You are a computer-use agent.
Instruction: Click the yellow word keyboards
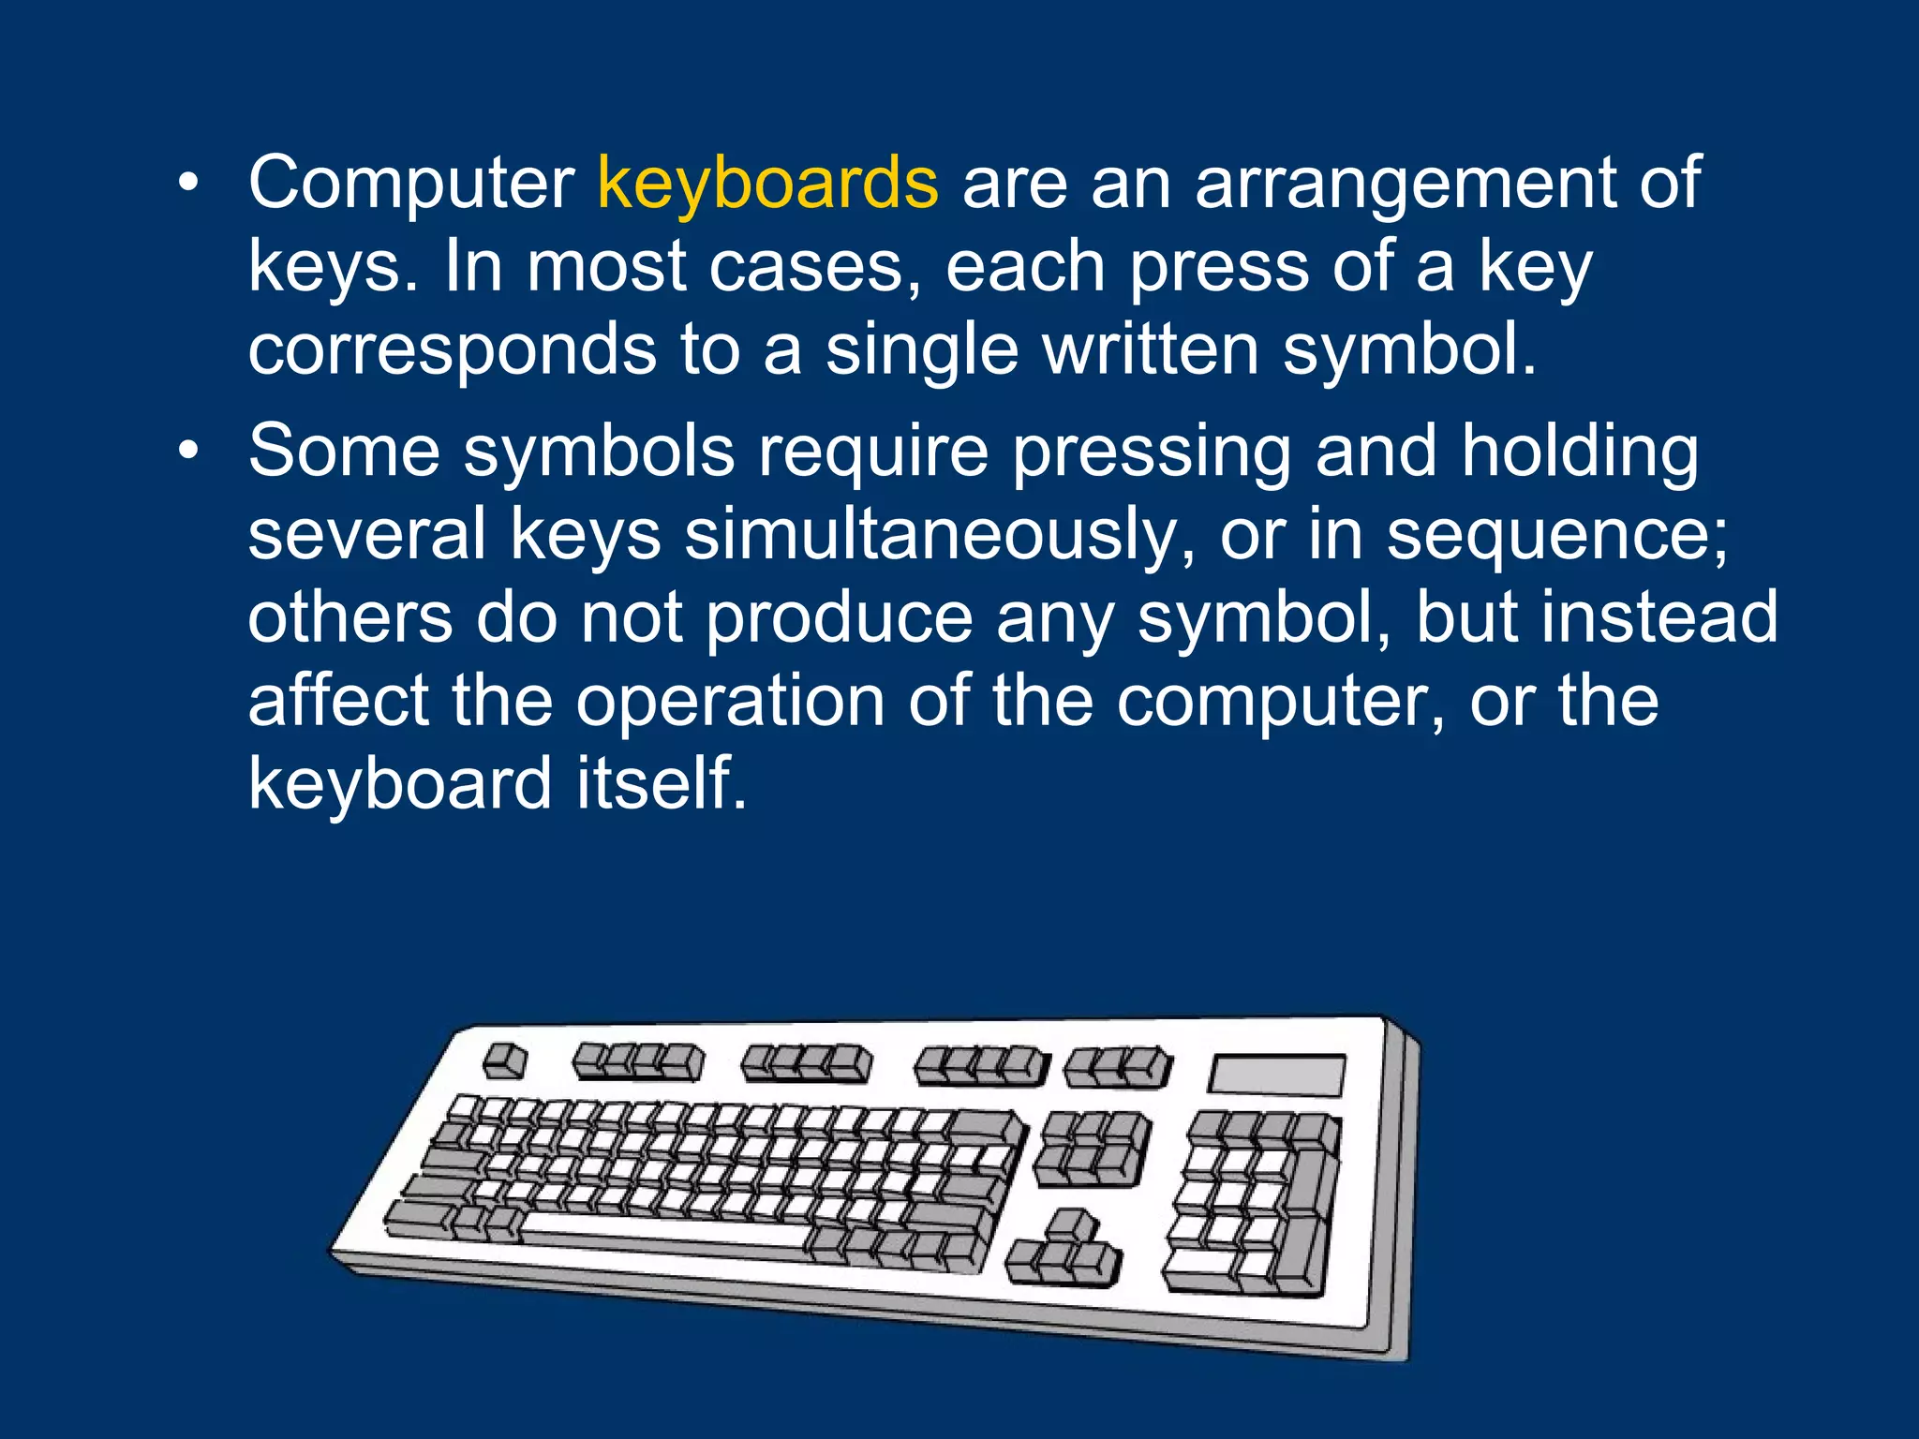(767, 184)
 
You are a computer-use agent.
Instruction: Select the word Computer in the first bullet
(411, 184)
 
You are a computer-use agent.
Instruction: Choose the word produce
(839, 618)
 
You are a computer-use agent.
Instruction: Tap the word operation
(730, 701)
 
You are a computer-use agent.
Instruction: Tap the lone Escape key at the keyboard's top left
(504, 1061)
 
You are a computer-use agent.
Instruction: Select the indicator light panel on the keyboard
(1276, 1075)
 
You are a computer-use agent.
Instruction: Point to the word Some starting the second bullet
(344, 452)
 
